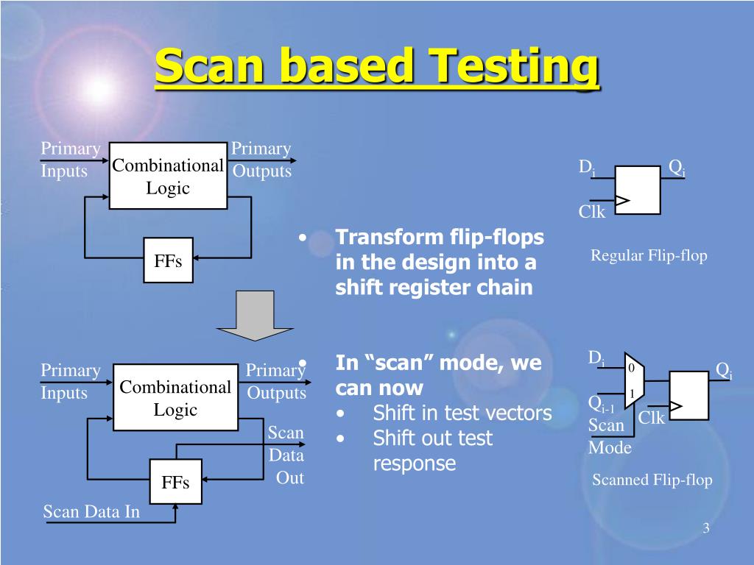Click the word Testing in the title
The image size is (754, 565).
515,68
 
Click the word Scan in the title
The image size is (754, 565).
209,68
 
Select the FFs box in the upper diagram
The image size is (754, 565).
168,260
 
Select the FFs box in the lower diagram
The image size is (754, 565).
175,482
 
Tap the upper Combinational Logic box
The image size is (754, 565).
168,177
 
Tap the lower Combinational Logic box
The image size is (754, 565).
175,398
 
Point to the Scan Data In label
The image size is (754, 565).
91,512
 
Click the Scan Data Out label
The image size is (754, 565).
286,455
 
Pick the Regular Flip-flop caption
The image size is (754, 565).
649,256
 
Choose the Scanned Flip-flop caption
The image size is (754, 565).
652,480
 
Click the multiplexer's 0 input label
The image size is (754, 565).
630,367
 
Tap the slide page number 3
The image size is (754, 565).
705,529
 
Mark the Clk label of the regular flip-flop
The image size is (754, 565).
591,213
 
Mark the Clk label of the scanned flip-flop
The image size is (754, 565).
652,419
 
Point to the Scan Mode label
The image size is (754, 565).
609,436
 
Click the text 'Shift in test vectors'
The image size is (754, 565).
462,413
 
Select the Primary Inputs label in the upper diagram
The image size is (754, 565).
70,160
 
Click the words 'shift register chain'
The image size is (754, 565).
434,287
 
